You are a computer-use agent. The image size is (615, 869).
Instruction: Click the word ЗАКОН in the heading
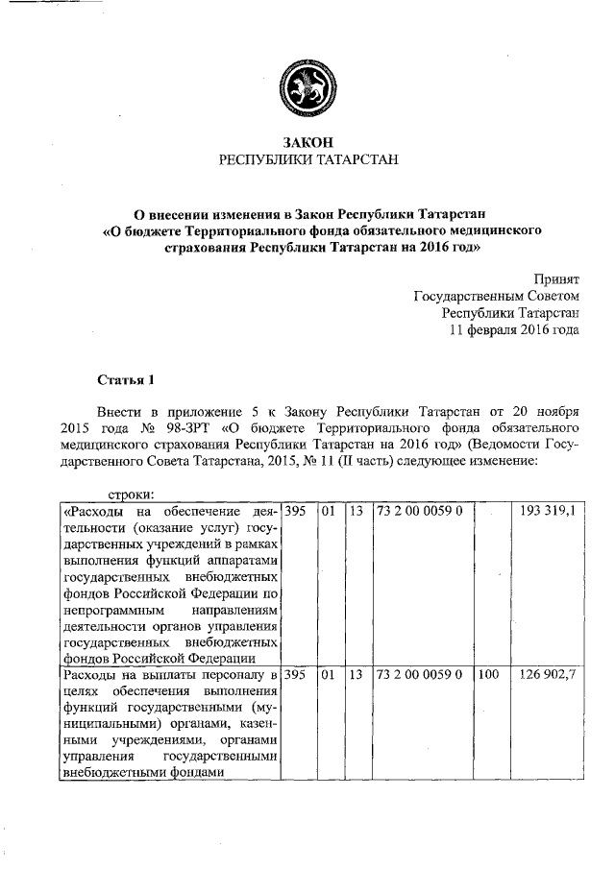coord(307,141)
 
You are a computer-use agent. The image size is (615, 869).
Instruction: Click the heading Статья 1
coord(126,379)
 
